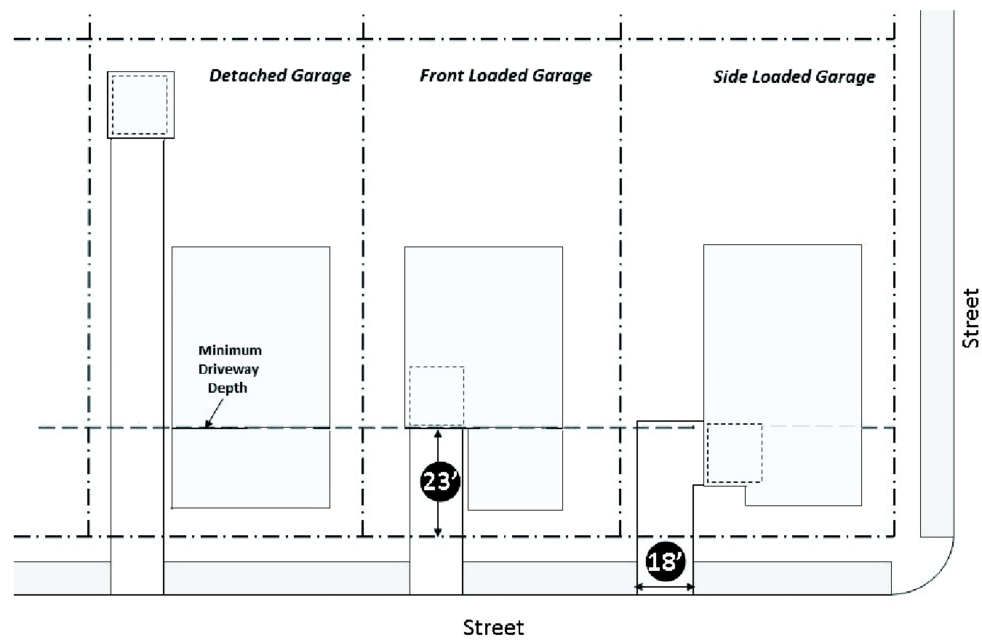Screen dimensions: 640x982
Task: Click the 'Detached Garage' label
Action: coord(280,76)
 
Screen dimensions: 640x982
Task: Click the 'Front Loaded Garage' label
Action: coord(506,76)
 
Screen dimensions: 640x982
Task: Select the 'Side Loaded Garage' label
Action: coord(794,77)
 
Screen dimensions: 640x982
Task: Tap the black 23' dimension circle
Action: coord(438,482)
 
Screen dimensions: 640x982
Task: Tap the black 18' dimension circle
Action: coord(665,561)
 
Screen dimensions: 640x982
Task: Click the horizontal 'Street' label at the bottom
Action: coord(494,626)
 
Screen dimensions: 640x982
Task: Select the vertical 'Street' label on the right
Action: coord(970,319)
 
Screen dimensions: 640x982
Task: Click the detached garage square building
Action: coord(141,104)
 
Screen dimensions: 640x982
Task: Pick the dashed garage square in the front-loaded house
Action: coord(436,396)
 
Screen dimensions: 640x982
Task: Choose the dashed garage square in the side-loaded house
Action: coord(735,453)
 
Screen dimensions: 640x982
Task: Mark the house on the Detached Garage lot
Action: coord(250,376)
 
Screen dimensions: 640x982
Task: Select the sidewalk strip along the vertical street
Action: coord(937,276)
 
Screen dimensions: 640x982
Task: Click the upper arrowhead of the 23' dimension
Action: coord(438,433)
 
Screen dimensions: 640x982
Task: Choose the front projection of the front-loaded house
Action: coord(515,469)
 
